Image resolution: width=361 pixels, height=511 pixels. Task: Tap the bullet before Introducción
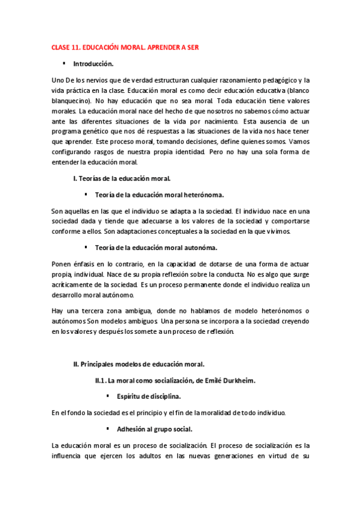tap(64, 63)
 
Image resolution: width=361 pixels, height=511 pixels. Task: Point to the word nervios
tap(100, 80)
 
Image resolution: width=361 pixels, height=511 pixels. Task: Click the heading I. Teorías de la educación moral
tap(121, 178)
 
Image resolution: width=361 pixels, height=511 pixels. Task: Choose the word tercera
tap(102, 310)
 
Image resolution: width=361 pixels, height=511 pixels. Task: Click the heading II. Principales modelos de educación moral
tap(139, 363)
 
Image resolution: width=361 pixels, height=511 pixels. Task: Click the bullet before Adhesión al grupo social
tap(107, 428)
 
